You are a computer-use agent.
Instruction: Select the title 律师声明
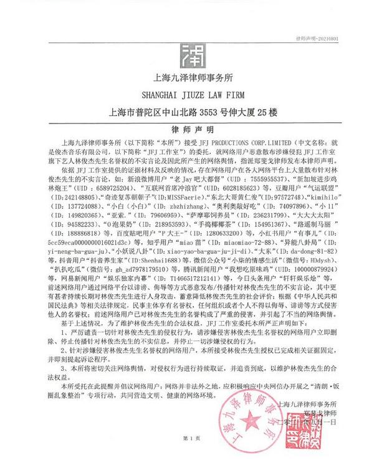(x=196, y=128)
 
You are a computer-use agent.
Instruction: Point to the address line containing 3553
(x=196, y=113)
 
